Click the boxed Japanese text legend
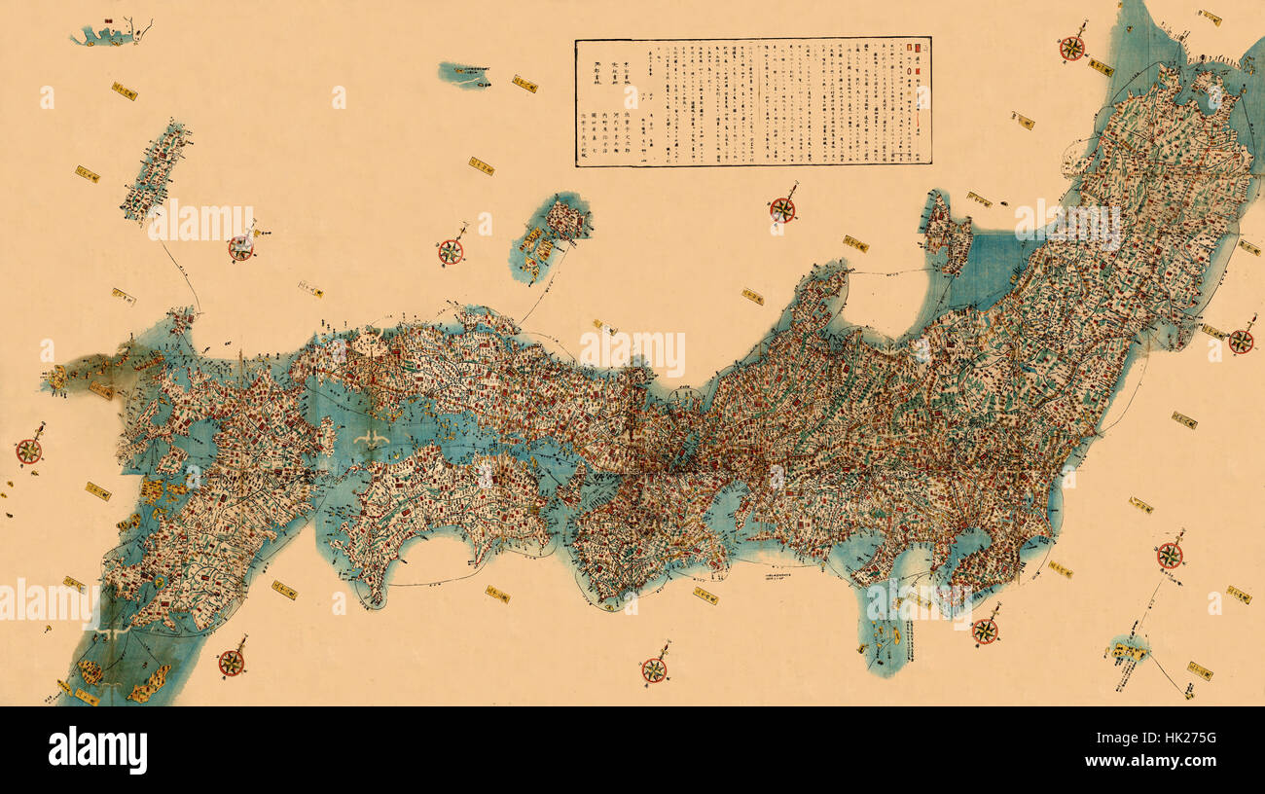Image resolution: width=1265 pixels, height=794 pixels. click(753, 102)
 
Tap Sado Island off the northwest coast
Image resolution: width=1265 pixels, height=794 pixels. click(946, 234)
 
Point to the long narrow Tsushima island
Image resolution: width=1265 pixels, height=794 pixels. click(156, 170)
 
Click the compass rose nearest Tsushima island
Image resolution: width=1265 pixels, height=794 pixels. click(241, 247)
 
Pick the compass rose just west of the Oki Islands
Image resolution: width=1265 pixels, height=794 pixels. click(450, 251)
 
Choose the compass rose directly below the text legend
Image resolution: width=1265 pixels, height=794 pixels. click(781, 209)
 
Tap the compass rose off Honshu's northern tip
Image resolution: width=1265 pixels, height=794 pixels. click(1071, 48)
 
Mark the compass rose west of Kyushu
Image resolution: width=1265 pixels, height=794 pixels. click(29, 451)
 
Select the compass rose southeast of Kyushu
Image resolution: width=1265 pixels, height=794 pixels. click(231, 663)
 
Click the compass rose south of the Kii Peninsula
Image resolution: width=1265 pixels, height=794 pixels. click(654, 669)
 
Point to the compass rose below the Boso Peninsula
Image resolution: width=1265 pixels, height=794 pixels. click(985, 631)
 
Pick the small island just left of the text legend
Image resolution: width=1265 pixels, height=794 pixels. click(463, 73)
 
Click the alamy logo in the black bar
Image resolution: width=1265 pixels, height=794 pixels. click(97, 750)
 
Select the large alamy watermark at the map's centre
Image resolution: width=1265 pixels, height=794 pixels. click(632, 350)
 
